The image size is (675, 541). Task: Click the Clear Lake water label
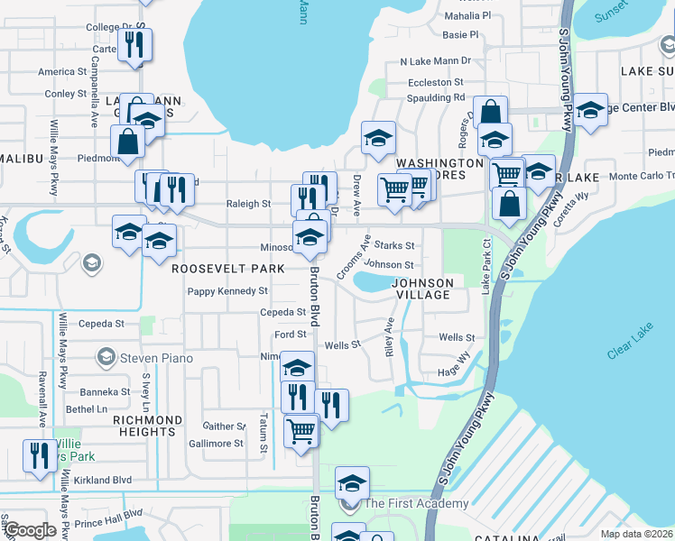(629, 344)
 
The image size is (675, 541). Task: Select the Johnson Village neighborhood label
(422, 289)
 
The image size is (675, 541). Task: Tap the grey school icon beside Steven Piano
(106, 358)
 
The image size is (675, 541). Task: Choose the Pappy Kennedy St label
(227, 291)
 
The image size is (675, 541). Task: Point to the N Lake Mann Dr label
(436, 61)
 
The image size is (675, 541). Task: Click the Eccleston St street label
(434, 82)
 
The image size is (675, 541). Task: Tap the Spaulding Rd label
(435, 97)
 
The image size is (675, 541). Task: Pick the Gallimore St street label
(216, 444)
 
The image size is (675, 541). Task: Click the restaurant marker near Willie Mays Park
(39, 455)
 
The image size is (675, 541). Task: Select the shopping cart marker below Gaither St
(301, 430)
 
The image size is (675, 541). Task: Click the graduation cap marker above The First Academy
(352, 482)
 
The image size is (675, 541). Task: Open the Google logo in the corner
(29, 531)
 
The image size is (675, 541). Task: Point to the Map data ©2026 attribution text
(636, 534)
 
